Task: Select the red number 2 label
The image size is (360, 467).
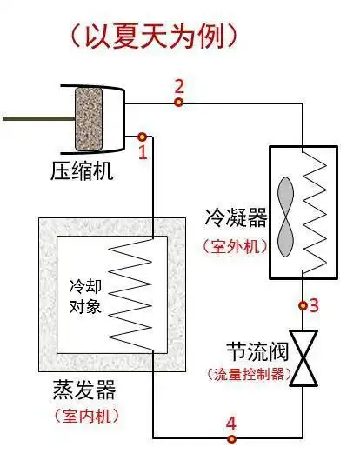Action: [x=179, y=86]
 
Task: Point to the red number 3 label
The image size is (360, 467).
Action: [x=314, y=305]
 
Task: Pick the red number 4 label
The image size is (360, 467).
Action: [x=230, y=424]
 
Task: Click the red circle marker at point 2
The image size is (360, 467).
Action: [x=178, y=103]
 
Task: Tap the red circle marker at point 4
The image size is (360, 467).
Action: [x=230, y=439]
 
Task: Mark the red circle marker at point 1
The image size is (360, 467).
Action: [x=142, y=137]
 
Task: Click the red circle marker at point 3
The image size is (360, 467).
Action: [x=303, y=305]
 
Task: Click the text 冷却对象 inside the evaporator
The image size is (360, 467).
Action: [x=86, y=296]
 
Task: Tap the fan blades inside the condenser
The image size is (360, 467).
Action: [x=286, y=214]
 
